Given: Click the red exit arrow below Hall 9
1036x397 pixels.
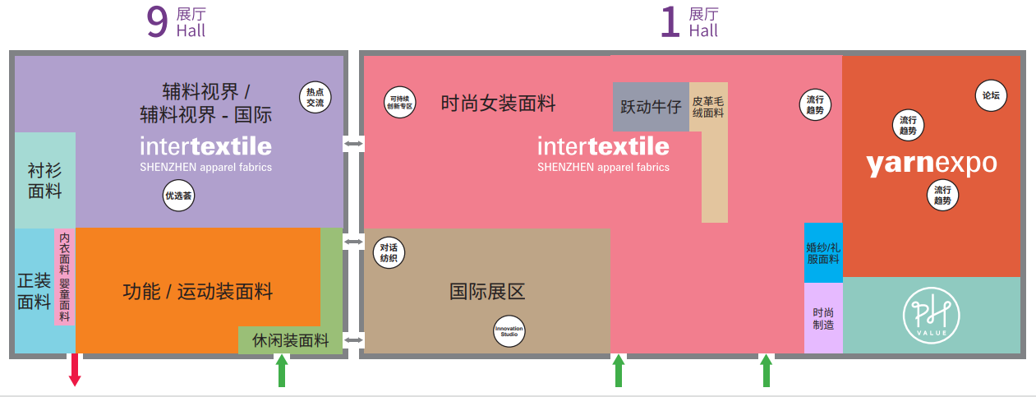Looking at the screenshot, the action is pos(75,369).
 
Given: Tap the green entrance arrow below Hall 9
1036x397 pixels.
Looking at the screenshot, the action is pos(282,370).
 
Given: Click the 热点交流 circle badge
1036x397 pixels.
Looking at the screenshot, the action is pos(315,97).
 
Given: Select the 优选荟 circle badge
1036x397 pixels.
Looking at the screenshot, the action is pos(178,196).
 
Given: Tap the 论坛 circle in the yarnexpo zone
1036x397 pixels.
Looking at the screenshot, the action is pos(991,95).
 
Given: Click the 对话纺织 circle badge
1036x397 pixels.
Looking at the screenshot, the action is pos(389,252).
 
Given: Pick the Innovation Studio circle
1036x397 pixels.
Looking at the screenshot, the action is pos(509,331).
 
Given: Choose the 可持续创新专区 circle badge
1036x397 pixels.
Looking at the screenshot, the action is pos(399,102).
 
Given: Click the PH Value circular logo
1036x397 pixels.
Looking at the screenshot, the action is pos(931,316).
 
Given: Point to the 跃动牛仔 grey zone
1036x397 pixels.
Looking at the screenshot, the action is pos(651,107).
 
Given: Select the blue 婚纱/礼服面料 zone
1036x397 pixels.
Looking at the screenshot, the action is pos(823,252).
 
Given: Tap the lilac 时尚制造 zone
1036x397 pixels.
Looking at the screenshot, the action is pos(823,318).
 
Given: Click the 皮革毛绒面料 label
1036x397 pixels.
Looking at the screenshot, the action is pos(707,107).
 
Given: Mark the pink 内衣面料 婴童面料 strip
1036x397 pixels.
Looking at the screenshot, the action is pos(65,277).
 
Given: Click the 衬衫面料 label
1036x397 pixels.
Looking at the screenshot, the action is pos(44,181).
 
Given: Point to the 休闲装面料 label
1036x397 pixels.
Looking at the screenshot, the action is pos(291,340).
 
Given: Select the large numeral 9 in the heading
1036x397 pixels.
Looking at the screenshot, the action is pos(157,21).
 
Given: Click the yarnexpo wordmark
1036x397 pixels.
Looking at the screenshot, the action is pos(932,164).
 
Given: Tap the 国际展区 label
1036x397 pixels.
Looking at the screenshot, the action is pos(487,292).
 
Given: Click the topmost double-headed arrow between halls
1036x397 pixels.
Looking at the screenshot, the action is pos(354,144).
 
